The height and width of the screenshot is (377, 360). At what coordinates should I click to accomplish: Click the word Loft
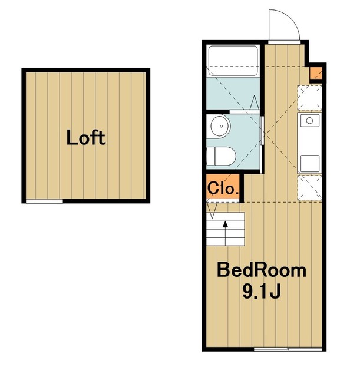coord(86,137)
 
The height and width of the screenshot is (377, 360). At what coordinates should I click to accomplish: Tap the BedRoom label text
coord(262,270)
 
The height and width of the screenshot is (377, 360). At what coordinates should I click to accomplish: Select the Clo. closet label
coord(223,188)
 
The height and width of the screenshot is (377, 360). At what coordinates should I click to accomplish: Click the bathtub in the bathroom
coord(233,61)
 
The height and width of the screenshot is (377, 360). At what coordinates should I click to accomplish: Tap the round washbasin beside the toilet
coord(219,126)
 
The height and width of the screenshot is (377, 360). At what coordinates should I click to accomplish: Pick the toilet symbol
coord(221,156)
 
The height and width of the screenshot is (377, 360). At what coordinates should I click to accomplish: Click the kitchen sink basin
coord(309,120)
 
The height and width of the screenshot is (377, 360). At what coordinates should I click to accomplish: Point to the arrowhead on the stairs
coord(225,224)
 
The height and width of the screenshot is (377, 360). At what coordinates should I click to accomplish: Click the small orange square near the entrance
coord(315,73)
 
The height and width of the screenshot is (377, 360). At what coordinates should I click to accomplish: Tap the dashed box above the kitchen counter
coord(310,98)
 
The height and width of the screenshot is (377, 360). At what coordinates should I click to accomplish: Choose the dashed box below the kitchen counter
coord(310,188)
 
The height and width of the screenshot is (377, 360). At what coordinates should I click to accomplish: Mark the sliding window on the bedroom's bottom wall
coord(288,349)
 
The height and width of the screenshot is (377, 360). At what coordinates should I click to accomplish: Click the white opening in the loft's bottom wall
coord(45,201)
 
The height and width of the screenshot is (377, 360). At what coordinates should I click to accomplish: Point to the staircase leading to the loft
coord(225,229)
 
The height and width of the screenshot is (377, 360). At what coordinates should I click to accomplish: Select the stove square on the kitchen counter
coord(310,164)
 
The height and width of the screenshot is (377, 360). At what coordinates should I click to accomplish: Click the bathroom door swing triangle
coord(255,102)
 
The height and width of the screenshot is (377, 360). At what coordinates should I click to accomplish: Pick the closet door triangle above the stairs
coord(212,211)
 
